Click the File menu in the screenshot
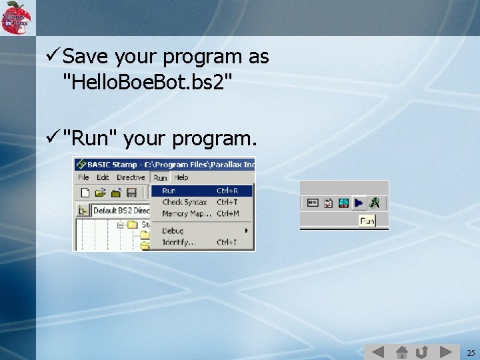83,177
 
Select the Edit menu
103,177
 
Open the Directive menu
131,177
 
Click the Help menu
181,177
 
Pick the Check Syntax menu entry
185,202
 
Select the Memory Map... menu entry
186,213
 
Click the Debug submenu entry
173,231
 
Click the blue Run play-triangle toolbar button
359,203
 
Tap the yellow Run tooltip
367,221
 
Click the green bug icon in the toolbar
375,203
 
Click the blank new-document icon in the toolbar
85,193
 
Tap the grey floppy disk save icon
131,193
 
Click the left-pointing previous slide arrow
378,351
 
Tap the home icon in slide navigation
401,351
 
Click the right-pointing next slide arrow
445,351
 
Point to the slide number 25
471,353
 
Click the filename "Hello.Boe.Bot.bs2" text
147,83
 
